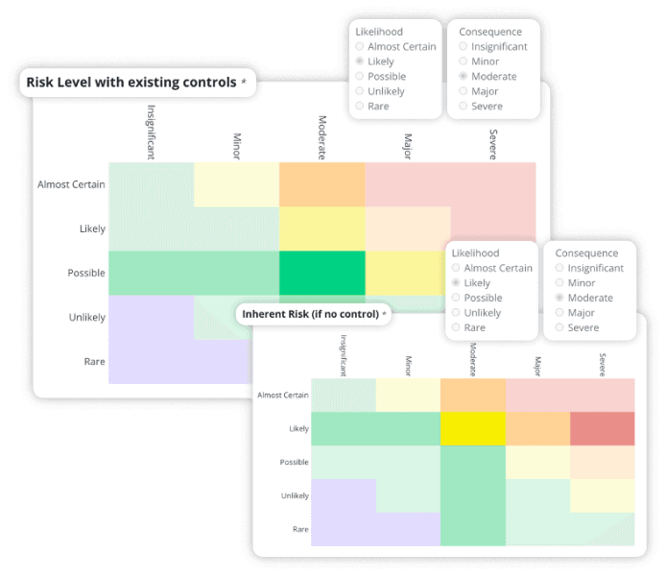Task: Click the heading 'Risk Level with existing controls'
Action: pos(131,83)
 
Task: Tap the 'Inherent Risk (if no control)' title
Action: pos(309,314)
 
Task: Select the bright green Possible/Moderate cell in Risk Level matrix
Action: pos(321,273)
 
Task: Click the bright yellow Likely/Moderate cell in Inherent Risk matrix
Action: pos(472,428)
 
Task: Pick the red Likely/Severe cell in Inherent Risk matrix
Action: pos(602,428)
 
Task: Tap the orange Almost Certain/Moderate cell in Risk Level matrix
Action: pos(321,184)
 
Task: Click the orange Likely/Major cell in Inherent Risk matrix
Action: pos(537,428)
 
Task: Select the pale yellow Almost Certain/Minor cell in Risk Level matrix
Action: pos(236,184)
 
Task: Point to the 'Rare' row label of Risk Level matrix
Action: pos(93,362)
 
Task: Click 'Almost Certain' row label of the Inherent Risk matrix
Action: pos(282,395)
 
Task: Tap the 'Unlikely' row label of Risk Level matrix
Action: pos(86,318)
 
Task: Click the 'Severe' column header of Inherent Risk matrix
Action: pos(603,364)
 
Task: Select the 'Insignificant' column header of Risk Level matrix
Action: pos(151,132)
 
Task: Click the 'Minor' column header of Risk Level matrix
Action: pos(237,144)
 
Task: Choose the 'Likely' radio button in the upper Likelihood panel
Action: pos(360,61)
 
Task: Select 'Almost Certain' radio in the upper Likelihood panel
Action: pos(360,46)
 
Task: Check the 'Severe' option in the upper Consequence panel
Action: pos(464,107)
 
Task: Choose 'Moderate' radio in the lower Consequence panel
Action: pos(560,299)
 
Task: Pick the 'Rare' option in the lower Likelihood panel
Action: pos(456,327)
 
